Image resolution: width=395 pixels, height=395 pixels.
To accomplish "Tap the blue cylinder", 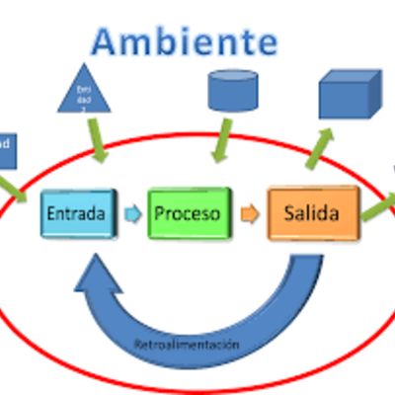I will [x=234, y=91].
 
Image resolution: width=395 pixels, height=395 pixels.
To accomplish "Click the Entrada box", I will [x=76, y=212].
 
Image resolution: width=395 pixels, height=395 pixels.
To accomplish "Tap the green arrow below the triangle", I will [x=97, y=146].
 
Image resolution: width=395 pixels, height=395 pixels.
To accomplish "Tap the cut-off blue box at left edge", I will [x=5, y=145].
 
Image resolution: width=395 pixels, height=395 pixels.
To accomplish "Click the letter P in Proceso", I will [x=161, y=212].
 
